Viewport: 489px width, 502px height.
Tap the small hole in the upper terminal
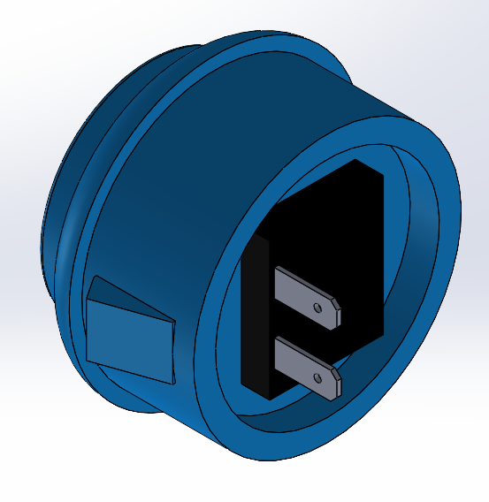(318, 308)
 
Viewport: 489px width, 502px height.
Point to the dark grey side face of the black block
(255, 318)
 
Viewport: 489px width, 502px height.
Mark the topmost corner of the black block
(355, 161)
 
